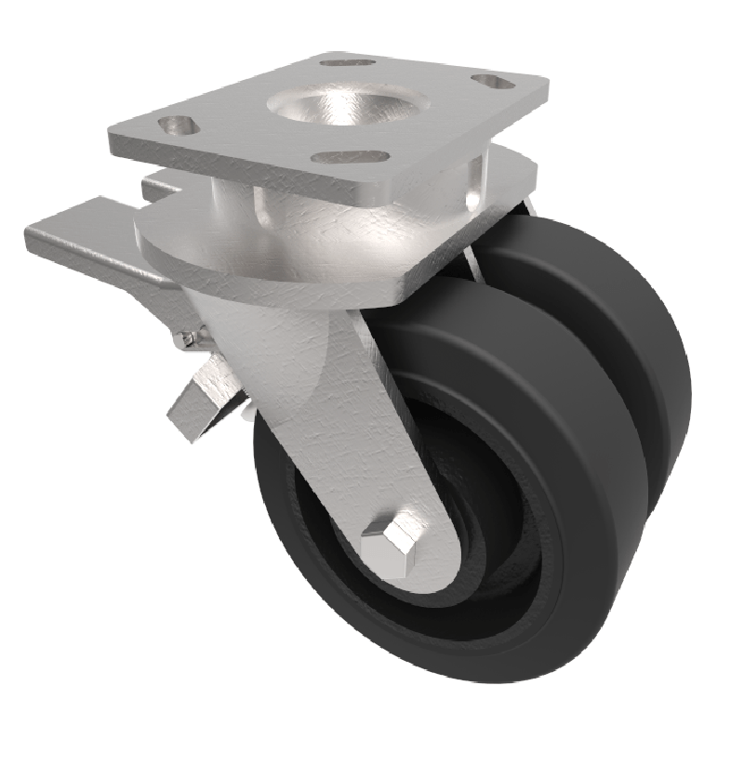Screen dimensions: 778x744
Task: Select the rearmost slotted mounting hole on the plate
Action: tap(348, 62)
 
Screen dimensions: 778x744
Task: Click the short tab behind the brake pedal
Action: tap(158, 186)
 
